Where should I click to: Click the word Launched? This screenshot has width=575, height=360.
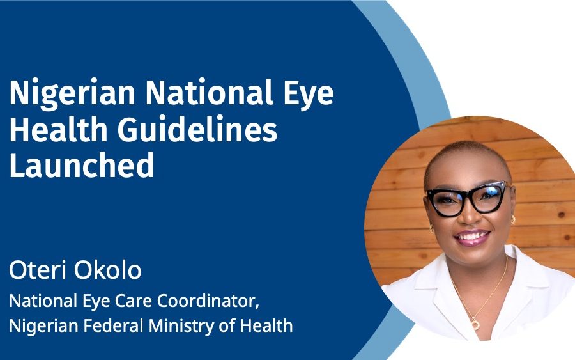point(81,164)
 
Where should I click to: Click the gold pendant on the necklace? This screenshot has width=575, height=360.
point(475,325)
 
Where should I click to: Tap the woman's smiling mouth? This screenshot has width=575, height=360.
point(472,237)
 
